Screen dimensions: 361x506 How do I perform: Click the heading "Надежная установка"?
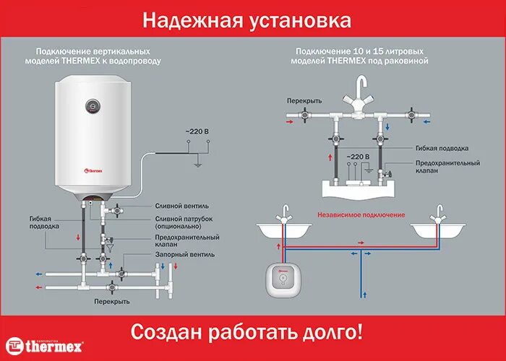tap(252, 19)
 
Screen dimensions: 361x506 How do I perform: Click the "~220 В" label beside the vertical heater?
tap(197, 131)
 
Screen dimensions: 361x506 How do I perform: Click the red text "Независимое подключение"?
tap(361, 214)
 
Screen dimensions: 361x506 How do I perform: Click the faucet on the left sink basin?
tap(286, 213)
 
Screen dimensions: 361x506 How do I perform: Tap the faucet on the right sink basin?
tap(437, 214)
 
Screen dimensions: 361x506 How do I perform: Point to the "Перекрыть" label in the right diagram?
tap(304, 101)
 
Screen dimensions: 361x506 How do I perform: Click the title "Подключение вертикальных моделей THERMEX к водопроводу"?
tap(98, 56)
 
